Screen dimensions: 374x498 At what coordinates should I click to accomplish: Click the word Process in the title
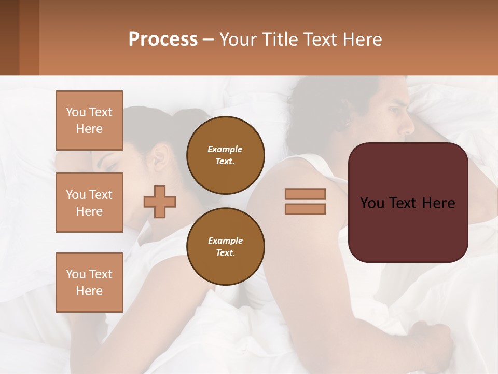click(163, 39)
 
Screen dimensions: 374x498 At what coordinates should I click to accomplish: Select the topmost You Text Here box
click(89, 121)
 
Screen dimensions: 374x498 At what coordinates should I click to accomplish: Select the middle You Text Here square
click(89, 203)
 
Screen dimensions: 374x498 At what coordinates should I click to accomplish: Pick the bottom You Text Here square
click(89, 282)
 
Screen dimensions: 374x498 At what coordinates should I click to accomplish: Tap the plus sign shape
click(160, 202)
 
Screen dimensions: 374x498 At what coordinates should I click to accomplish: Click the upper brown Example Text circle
click(226, 155)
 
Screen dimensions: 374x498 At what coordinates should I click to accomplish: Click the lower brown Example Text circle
click(226, 247)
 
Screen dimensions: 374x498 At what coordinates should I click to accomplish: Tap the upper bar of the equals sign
click(305, 194)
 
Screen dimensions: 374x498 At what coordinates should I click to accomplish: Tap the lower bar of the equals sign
click(305, 209)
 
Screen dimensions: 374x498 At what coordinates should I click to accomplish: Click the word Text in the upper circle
click(225, 161)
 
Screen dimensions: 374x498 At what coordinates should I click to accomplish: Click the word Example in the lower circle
click(225, 241)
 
